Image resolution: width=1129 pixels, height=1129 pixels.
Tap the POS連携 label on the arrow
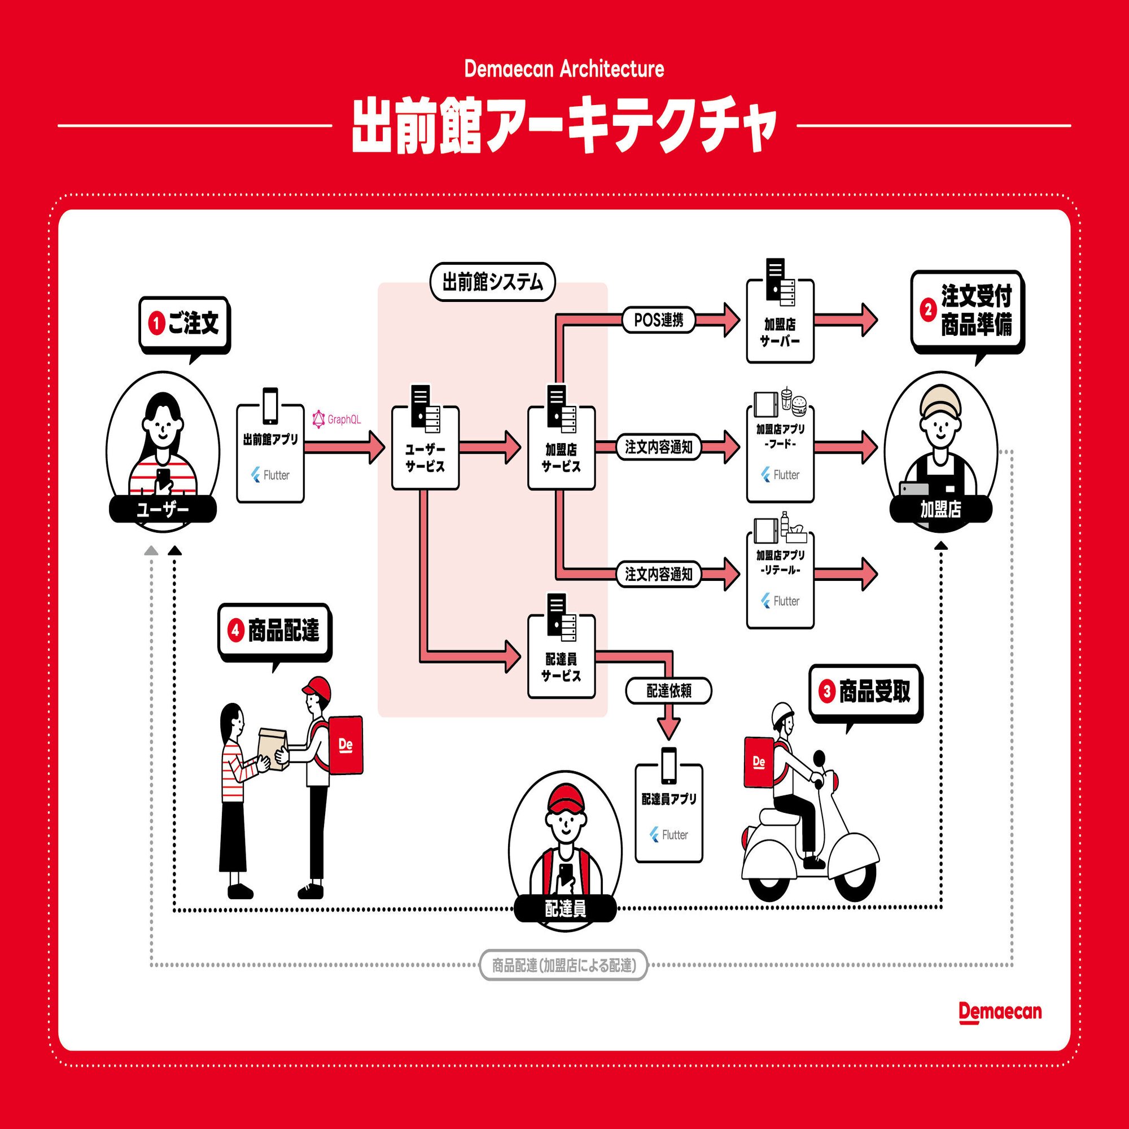(658, 320)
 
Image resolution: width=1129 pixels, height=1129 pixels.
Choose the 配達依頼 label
(668, 692)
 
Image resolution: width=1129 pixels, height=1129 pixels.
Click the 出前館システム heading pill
(492, 282)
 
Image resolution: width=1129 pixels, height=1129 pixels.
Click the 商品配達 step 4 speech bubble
(274, 631)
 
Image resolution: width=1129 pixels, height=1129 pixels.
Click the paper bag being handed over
(272, 750)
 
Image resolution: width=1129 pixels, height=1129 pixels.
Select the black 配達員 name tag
(565, 909)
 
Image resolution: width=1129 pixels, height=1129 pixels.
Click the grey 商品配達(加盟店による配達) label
(563, 965)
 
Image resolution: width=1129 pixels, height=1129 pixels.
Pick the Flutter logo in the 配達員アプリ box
(668, 835)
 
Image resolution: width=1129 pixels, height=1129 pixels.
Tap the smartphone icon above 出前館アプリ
(270, 405)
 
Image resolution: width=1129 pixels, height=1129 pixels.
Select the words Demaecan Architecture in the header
(564, 69)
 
